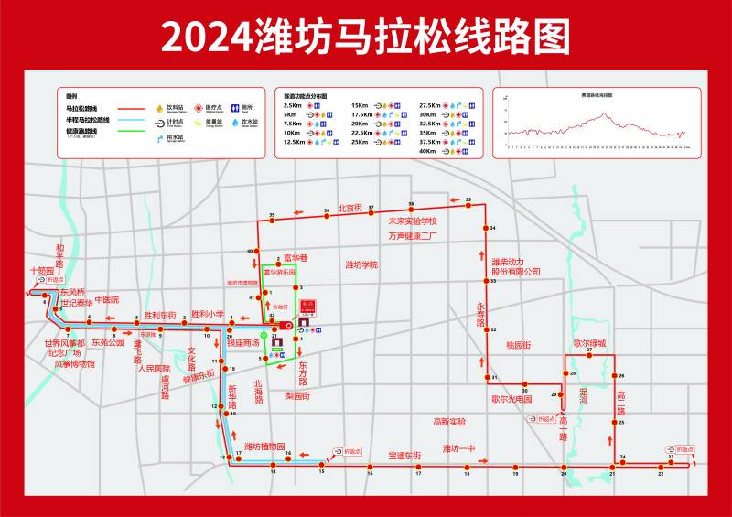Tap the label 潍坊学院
tap(361, 264)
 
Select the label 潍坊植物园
tap(271, 447)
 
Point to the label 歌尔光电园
tap(511, 399)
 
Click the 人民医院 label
tap(154, 369)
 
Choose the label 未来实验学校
tap(413, 221)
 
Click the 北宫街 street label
tap(350, 208)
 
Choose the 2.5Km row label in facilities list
tap(293, 106)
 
